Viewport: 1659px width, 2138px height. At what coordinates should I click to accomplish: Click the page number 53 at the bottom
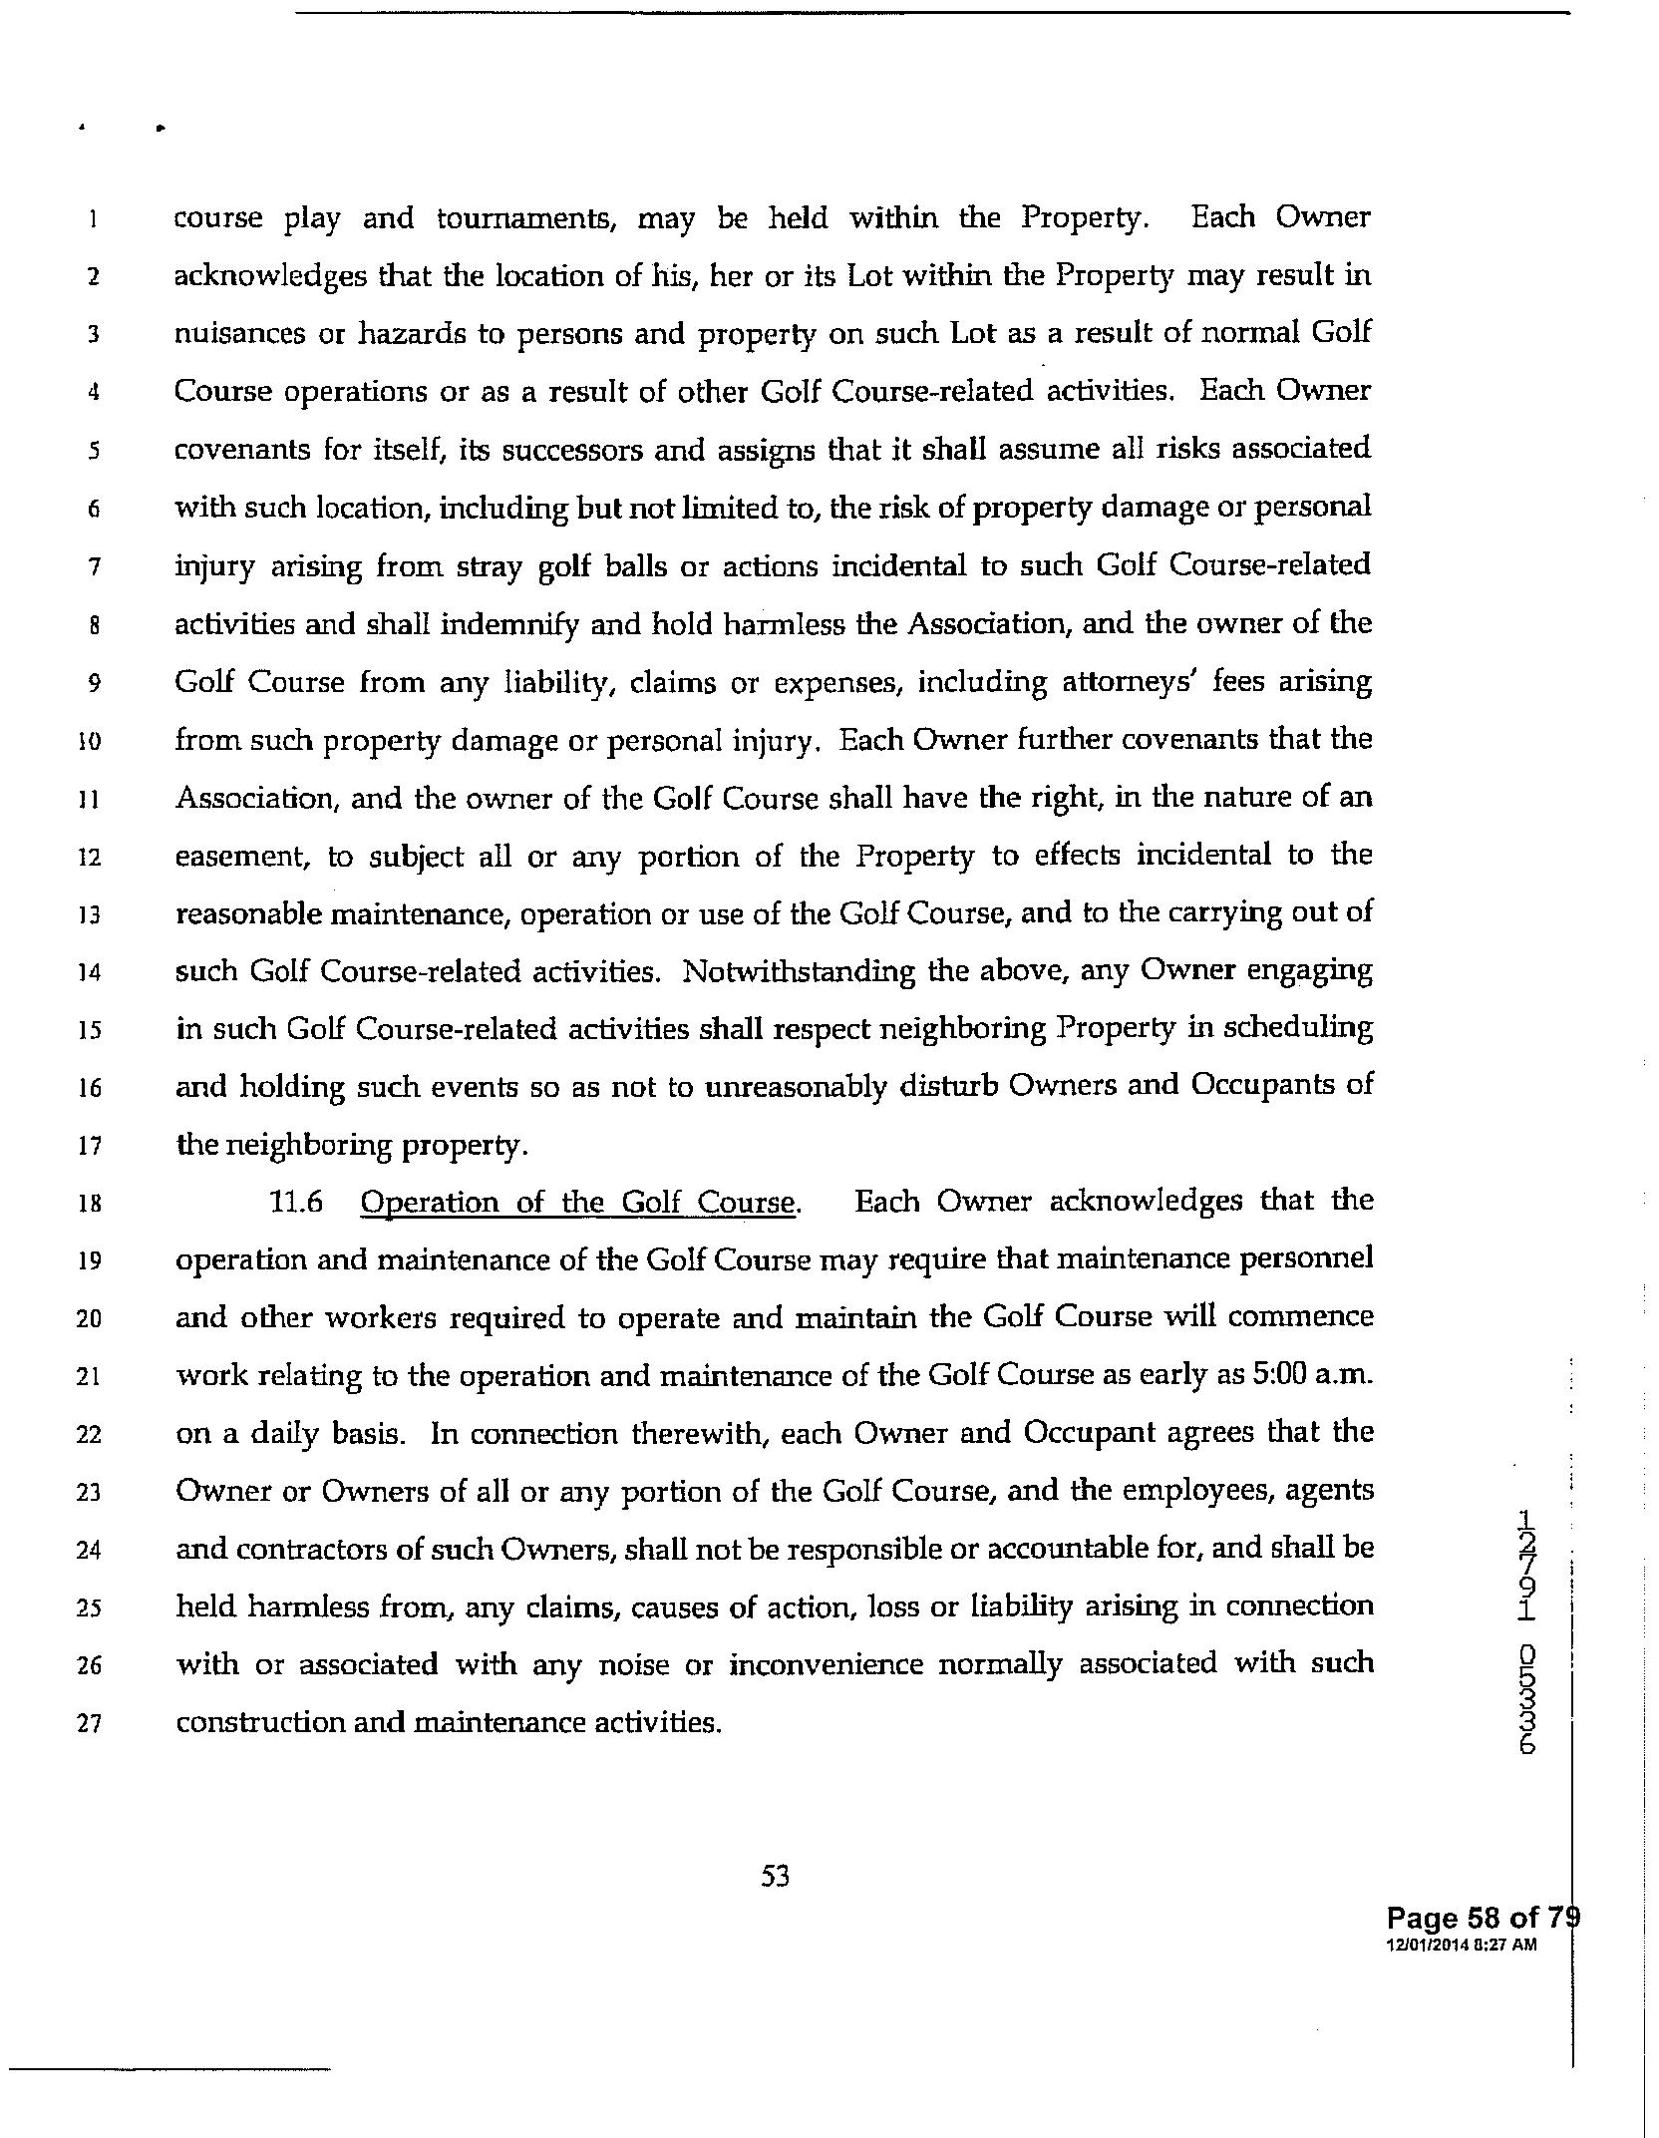pyautogui.click(x=775, y=1877)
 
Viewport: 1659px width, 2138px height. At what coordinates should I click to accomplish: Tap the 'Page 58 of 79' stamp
pyautogui.click(x=1479, y=1918)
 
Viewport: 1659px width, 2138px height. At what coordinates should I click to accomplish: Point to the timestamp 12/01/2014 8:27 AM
pyautogui.click(x=1461, y=1945)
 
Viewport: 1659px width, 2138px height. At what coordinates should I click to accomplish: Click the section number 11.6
pyautogui.click(x=296, y=1203)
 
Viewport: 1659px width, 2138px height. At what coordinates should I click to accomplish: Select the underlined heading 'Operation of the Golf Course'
pyautogui.click(x=578, y=1203)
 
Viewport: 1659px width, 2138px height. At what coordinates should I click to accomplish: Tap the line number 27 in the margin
pyautogui.click(x=89, y=1724)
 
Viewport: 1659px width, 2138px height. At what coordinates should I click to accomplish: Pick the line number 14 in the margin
pyautogui.click(x=89, y=972)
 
